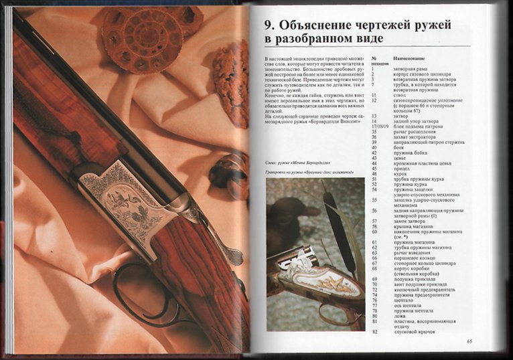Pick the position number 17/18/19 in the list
382,126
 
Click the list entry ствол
399,95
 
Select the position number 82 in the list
375,331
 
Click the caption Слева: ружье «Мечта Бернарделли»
292,163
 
